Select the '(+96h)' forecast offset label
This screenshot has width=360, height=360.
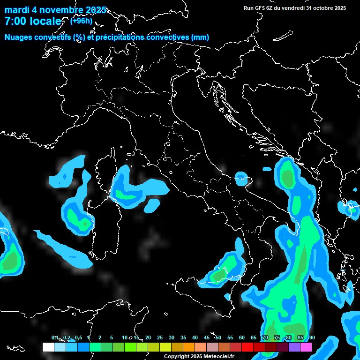[x=81, y=21]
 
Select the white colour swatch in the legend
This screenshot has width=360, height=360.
[x=48, y=347]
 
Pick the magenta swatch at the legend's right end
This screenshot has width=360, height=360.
[x=306, y=347]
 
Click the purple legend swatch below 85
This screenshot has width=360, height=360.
[x=294, y=347]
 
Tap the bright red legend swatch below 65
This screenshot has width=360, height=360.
[x=247, y=347]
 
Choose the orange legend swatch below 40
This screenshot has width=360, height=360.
[x=189, y=347]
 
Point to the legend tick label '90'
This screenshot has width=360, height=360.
[x=312, y=337]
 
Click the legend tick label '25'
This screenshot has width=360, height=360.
[x=160, y=337]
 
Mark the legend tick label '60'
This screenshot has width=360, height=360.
[x=242, y=337]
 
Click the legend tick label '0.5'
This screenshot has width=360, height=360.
[x=78, y=337]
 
